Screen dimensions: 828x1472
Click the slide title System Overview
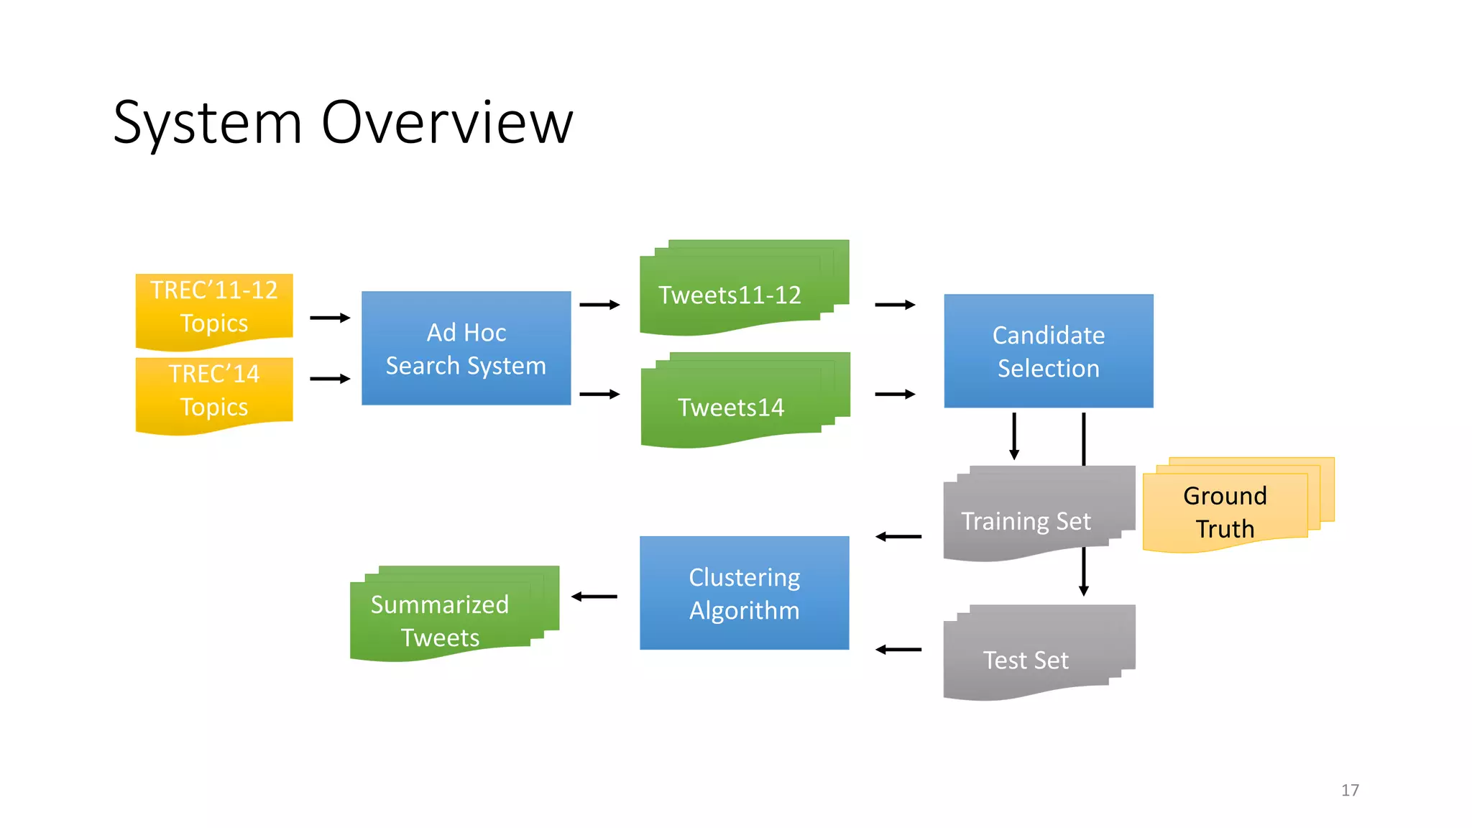343,123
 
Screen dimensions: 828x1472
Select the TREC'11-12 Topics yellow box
214,307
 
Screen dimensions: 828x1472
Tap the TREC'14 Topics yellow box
214,391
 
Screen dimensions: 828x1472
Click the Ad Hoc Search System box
466,349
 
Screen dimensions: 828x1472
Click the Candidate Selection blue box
1048,351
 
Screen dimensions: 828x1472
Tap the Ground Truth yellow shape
1225,511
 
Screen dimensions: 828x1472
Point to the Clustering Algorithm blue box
744,593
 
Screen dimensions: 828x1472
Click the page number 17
1350,790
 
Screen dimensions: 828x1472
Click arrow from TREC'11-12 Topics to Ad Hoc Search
329,318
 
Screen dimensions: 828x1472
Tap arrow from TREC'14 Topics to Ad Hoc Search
329,379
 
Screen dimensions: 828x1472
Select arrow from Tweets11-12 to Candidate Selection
894,305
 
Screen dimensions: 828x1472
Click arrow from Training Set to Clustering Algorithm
898,536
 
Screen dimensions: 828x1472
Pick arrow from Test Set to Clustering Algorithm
898,650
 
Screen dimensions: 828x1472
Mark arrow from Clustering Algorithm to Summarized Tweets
594,597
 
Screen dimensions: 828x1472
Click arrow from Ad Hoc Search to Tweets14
599,394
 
